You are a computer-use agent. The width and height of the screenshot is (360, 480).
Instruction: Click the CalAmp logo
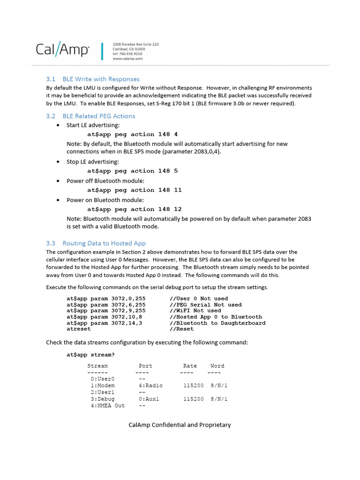(x=63, y=50)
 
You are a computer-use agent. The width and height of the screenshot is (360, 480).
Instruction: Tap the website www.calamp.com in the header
(x=127, y=59)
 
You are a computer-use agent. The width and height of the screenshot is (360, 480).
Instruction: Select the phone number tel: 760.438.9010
(x=127, y=54)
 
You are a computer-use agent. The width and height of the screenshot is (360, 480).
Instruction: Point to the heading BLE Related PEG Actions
(x=98, y=116)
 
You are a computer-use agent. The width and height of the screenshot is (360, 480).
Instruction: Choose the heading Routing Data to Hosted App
(x=104, y=243)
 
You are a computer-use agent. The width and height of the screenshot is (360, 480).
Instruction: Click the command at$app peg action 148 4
(x=132, y=134)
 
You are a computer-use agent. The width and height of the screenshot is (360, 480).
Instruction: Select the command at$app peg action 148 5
(x=132, y=171)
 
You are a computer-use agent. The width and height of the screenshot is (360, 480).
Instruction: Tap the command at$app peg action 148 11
(x=134, y=190)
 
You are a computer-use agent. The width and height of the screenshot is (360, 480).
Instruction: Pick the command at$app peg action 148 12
(x=134, y=210)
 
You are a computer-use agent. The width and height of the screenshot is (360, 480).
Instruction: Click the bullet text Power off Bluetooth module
(x=105, y=181)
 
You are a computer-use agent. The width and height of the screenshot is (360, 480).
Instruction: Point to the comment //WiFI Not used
(x=195, y=311)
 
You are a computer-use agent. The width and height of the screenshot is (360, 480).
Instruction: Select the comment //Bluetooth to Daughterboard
(x=217, y=323)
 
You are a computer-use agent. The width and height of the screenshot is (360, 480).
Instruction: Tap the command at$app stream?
(x=90, y=355)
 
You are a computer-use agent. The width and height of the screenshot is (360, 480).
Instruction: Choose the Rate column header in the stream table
(x=190, y=366)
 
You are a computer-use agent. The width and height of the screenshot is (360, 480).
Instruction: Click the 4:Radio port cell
(x=150, y=386)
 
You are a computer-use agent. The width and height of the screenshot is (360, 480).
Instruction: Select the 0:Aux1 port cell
(x=149, y=399)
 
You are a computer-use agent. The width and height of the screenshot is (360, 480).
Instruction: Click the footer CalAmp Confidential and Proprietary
(x=180, y=425)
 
